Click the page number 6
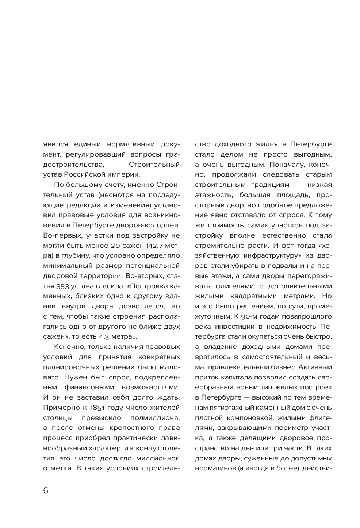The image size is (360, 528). tap(46, 490)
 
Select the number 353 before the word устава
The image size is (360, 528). tap(51, 285)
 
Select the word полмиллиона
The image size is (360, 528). tap(155, 417)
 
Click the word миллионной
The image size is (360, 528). tap(157, 458)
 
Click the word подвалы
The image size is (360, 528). tap(277, 265)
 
